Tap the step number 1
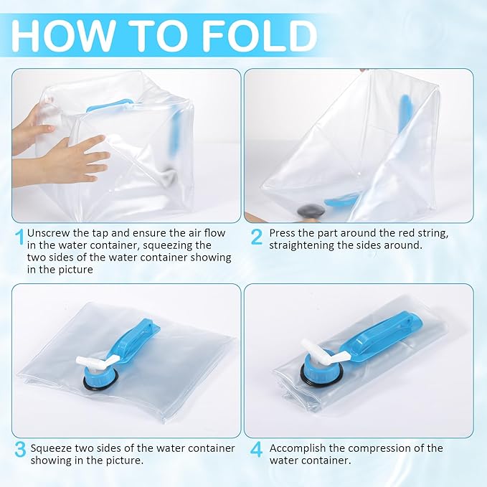(20, 236)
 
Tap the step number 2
(256, 236)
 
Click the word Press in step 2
(283, 232)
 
